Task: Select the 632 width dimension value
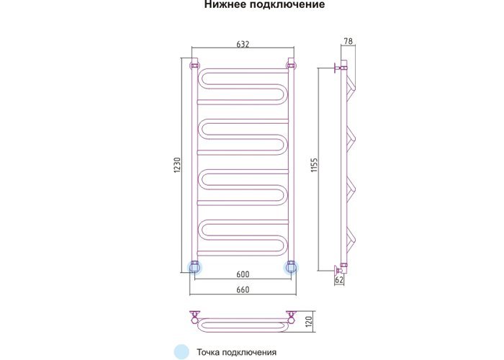pyautogui.click(x=243, y=44)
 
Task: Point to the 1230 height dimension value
pyautogui.click(x=178, y=166)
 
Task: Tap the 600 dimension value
pyautogui.click(x=243, y=274)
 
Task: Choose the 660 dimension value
pyautogui.click(x=243, y=289)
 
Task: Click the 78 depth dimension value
pyautogui.click(x=348, y=41)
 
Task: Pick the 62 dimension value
pyautogui.click(x=339, y=280)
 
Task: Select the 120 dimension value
pyautogui.click(x=309, y=321)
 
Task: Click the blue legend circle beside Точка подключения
pyautogui.click(x=181, y=351)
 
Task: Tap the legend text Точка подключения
pyautogui.click(x=237, y=352)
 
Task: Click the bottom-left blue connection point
pyautogui.click(x=194, y=267)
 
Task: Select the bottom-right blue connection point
pyautogui.click(x=291, y=267)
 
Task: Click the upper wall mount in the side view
pyautogui.click(x=340, y=68)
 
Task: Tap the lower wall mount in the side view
pyautogui.click(x=340, y=268)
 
